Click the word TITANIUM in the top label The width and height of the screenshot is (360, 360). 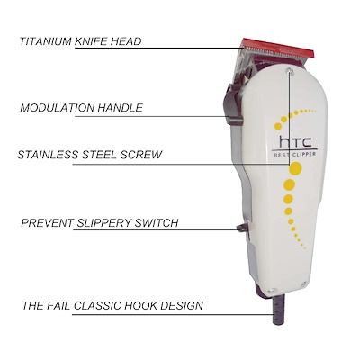coord(46,41)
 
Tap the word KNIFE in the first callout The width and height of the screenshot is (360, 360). coord(91,41)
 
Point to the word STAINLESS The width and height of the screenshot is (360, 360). coord(49,155)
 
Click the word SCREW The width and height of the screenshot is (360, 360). coord(141,155)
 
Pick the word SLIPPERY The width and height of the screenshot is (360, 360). coord(104,223)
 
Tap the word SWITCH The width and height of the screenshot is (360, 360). coord(157,223)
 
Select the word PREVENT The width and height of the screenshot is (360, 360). coord(48,223)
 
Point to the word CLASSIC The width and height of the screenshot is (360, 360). coord(97,306)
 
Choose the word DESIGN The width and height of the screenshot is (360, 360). coord(182,306)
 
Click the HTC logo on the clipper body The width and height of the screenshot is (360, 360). coord(295,141)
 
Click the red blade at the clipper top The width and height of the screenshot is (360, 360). coord(278,49)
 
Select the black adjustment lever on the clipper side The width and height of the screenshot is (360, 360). coord(233,103)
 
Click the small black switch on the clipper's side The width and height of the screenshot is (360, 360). coord(242,228)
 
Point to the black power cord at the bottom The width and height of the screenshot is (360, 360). coord(278,309)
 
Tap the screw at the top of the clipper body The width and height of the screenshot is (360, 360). coord(290,71)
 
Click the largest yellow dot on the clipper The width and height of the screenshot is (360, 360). coord(295,168)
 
